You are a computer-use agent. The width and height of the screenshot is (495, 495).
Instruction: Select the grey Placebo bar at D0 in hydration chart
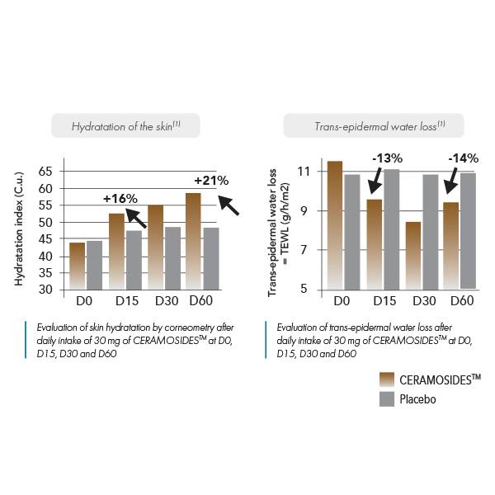[94, 265]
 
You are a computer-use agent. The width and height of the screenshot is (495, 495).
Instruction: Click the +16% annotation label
[120, 198]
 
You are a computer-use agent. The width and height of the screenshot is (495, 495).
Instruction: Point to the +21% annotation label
[210, 180]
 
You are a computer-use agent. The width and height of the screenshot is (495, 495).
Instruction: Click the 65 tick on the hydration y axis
[45, 171]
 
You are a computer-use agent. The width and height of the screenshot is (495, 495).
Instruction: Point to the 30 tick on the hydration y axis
[45, 290]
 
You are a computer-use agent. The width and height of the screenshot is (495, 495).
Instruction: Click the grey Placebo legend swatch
[385, 399]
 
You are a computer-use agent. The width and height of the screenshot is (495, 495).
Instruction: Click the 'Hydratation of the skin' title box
[126, 125]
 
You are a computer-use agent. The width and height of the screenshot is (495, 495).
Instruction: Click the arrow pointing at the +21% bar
[228, 203]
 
